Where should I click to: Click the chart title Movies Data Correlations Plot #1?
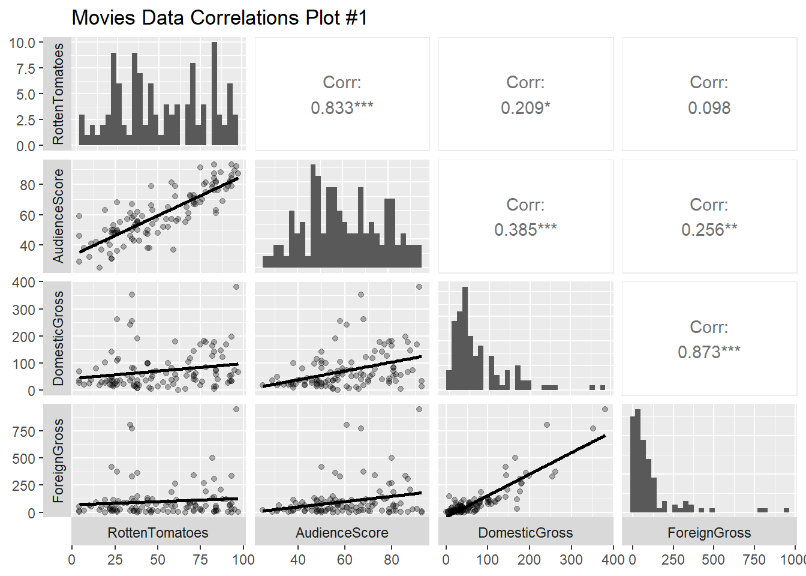pyautogui.click(x=219, y=17)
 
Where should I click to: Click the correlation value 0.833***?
pyautogui.click(x=342, y=108)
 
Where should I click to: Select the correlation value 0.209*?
pyautogui.click(x=525, y=108)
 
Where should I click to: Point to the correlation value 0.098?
pyautogui.click(x=709, y=108)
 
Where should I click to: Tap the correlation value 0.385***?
pyautogui.click(x=525, y=230)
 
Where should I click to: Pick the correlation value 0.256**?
pyautogui.click(x=709, y=230)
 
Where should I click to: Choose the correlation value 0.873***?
pyautogui.click(x=709, y=352)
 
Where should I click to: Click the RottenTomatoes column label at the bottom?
pyautogui.click(x=158, y=533)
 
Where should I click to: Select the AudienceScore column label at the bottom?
pyautogui.click(x=342, y=533)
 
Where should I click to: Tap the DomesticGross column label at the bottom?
pyautogui.click(x=525, y=533)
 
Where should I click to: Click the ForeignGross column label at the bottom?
pyautogui.click(x=709, y=533)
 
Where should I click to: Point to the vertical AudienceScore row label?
pyautogui.click(x=58, y=215)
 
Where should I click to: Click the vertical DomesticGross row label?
pyautogui.click(x=58, y=338)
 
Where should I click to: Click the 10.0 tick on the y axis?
pyautogui.click(x=22, y=43)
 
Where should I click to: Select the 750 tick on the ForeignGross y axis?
pyautogui.click(x=23, y=431)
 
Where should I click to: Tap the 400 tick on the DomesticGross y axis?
pyautogui.click(x=23, y=282)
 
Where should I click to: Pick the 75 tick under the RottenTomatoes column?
pyautogui.click(x=200, y=560)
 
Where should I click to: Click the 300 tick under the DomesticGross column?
pyautogui.click(x=571, y=560)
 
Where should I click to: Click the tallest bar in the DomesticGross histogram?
pyautogui.click(x=465, y=339)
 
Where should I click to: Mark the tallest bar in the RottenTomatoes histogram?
pyautogui.click(x=214, y=94)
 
